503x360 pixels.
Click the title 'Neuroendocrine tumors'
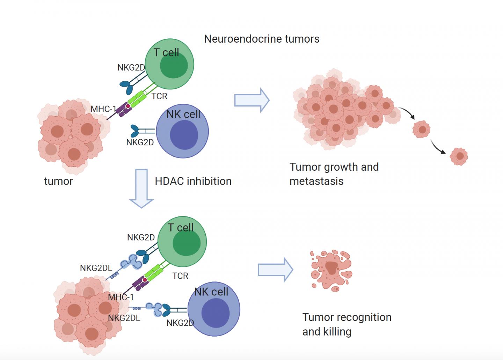(262, 39)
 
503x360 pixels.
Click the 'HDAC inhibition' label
(193, 181)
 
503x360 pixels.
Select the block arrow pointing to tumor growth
(251, 100)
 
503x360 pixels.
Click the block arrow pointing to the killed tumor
(275, 270)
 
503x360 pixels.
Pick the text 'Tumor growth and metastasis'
(334, 174)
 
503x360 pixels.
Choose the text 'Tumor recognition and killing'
(347, 324)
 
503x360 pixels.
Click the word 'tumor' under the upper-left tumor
(58, 181)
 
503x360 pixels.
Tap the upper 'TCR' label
(159, 96)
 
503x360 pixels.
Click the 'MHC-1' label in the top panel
(103, 109)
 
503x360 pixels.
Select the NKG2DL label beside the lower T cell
(96, 268)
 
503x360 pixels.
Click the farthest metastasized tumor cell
(459, 156)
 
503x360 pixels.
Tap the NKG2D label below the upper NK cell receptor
(140, 142)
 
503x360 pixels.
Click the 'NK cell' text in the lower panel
(211, 292)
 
